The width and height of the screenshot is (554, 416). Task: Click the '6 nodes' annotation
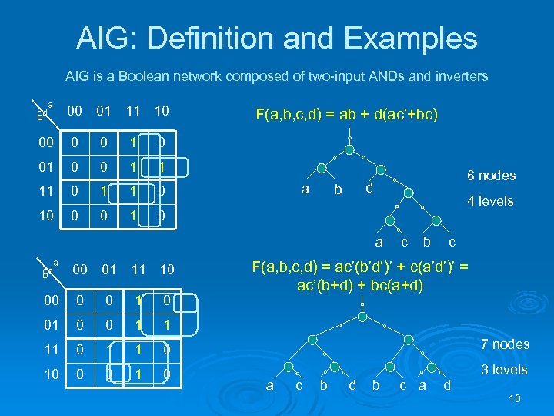click(491, 176)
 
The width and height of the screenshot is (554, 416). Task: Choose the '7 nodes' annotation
click(505, 344)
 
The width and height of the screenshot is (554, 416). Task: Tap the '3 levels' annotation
click(504, 370)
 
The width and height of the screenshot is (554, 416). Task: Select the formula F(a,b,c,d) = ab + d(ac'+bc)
click(347, 115)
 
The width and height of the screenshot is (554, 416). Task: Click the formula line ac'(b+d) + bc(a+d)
click(359, 284)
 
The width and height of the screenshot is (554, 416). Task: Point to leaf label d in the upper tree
click(369, 188)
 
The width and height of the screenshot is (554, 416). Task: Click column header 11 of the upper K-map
click(133, 112)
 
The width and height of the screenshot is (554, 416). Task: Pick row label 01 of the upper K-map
click(48, 168)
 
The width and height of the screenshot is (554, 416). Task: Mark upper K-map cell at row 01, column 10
click(161, 168)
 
